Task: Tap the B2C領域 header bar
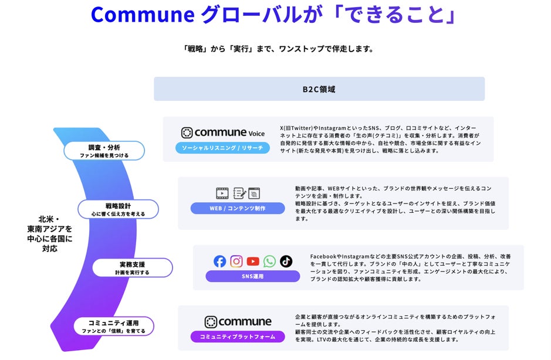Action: (319, 89)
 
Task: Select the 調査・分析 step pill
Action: (104, 150)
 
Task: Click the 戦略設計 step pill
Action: (118, 209)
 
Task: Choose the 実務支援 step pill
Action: (132, 268)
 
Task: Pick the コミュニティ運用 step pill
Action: (113, 326)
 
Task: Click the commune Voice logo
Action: (223, 133)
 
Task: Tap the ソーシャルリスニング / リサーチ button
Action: (223, 148)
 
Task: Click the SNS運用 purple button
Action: (252, 276)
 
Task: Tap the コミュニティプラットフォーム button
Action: (238, 337)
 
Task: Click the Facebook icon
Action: (220, 261)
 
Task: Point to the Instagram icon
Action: (236, 261)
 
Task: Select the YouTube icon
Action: (253, 261)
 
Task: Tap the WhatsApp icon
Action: (269, 261)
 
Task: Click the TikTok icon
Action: (286, 261)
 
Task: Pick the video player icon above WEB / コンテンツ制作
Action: (222, 193)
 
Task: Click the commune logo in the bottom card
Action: (238, 322)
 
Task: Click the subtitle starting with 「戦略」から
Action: (278, 49)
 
